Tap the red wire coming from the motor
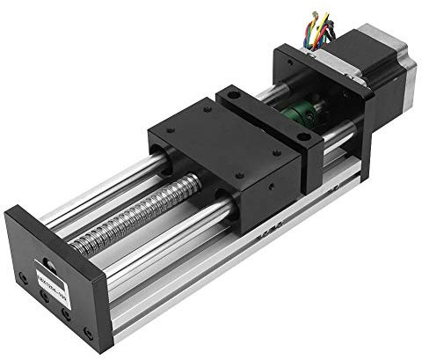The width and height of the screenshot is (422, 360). pos(328,26)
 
